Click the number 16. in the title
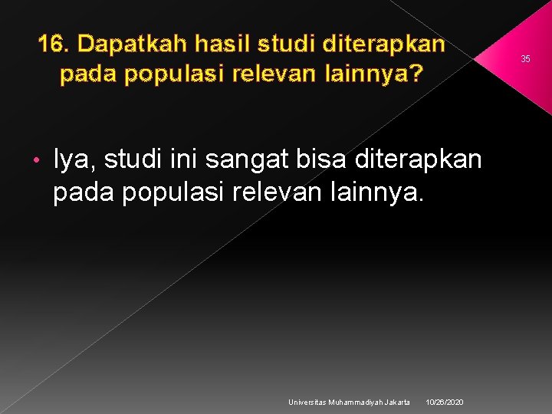coord(54,44)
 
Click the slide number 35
coord(526,59)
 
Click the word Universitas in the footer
coord(307,402)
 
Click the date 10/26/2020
coord(445,402)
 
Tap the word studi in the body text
coord(131,159)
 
